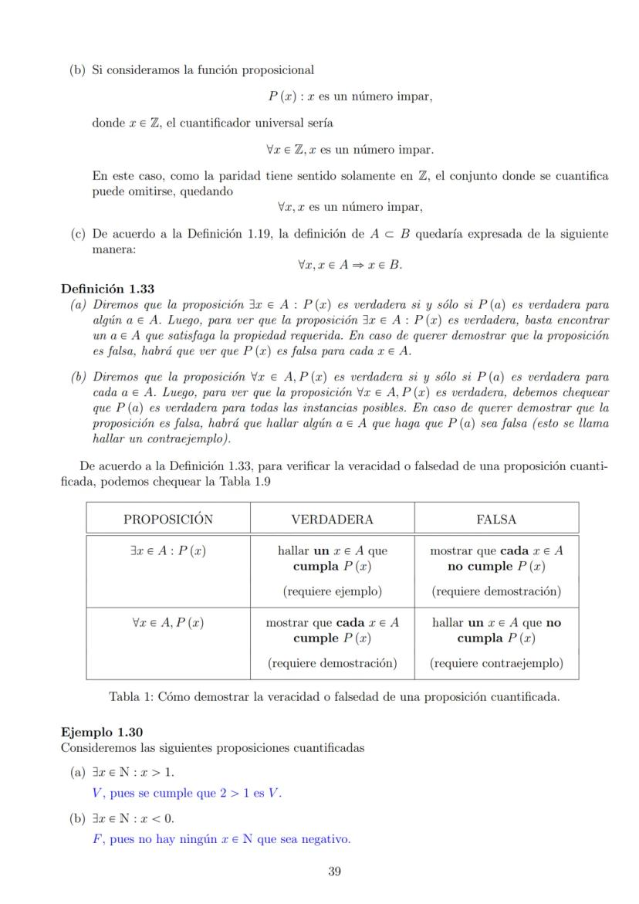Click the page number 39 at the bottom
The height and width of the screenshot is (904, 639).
[334, 872]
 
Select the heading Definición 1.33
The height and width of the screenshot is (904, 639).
[107, 289]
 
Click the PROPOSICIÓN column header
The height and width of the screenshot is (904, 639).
[167, 520]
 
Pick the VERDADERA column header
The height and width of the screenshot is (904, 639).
[332, 520]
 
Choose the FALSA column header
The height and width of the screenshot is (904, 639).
[496, 520]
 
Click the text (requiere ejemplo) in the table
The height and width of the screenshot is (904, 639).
[332, 591]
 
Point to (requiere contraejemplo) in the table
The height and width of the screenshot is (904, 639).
[496, 662]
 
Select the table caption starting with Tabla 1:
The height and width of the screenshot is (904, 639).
[334, 697]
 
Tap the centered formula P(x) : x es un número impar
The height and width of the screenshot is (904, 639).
[350, 96]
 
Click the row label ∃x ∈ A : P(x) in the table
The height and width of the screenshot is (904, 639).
[167, 551]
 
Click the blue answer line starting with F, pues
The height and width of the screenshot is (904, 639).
[221, 839]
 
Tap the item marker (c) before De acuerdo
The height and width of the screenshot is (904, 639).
[76, 234]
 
